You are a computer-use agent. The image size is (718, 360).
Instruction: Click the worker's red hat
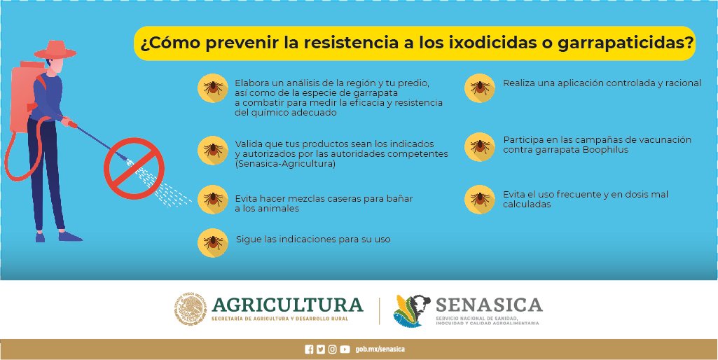(55, 50)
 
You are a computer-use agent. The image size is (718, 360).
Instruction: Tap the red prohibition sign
(134, 168)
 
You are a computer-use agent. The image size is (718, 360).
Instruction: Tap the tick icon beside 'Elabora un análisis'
(213, 88)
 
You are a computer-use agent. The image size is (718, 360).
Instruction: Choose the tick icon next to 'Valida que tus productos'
(213, 150)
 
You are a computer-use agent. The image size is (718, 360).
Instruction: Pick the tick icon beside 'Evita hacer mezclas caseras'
(213, 199)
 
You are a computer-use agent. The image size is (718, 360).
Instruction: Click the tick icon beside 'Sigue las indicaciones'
(213, 242)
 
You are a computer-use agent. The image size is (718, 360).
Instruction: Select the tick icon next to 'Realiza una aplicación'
(480, 88)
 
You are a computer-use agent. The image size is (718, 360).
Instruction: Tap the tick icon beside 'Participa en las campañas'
(480, 146)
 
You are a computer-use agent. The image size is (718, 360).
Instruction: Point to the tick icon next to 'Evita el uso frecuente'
(480, 199)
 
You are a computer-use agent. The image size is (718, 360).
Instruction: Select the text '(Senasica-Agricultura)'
(285, 164)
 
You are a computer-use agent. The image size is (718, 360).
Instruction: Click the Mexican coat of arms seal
(190, 310)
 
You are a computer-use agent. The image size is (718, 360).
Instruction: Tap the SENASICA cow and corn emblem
(410, 310)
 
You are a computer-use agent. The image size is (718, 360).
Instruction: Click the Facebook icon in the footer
(309, 349)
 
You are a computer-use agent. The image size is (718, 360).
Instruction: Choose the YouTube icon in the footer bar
(345, 349)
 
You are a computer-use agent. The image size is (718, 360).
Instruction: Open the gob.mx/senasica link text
(380, 349)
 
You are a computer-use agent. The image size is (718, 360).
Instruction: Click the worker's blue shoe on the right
(69, 236)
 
